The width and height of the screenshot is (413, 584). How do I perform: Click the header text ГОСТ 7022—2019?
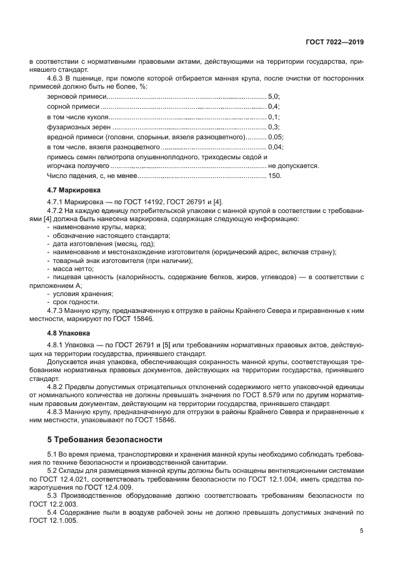[x=336, y=42]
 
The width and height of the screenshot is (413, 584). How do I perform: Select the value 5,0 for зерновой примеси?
[x=274, y=97]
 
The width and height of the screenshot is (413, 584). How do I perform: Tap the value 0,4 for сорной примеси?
[x=274, y=107]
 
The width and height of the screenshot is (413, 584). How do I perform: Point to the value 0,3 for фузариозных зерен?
[x=274, y=127]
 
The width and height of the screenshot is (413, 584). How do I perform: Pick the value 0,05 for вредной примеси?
[x=276, y=137]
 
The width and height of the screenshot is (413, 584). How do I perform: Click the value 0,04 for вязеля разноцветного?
[x=276, y=147]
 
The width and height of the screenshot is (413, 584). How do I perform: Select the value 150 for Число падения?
[x=274, y=176]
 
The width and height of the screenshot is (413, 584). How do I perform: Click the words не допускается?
[x=293, y=166]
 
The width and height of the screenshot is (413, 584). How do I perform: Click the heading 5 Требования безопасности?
[x=105, y=439]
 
